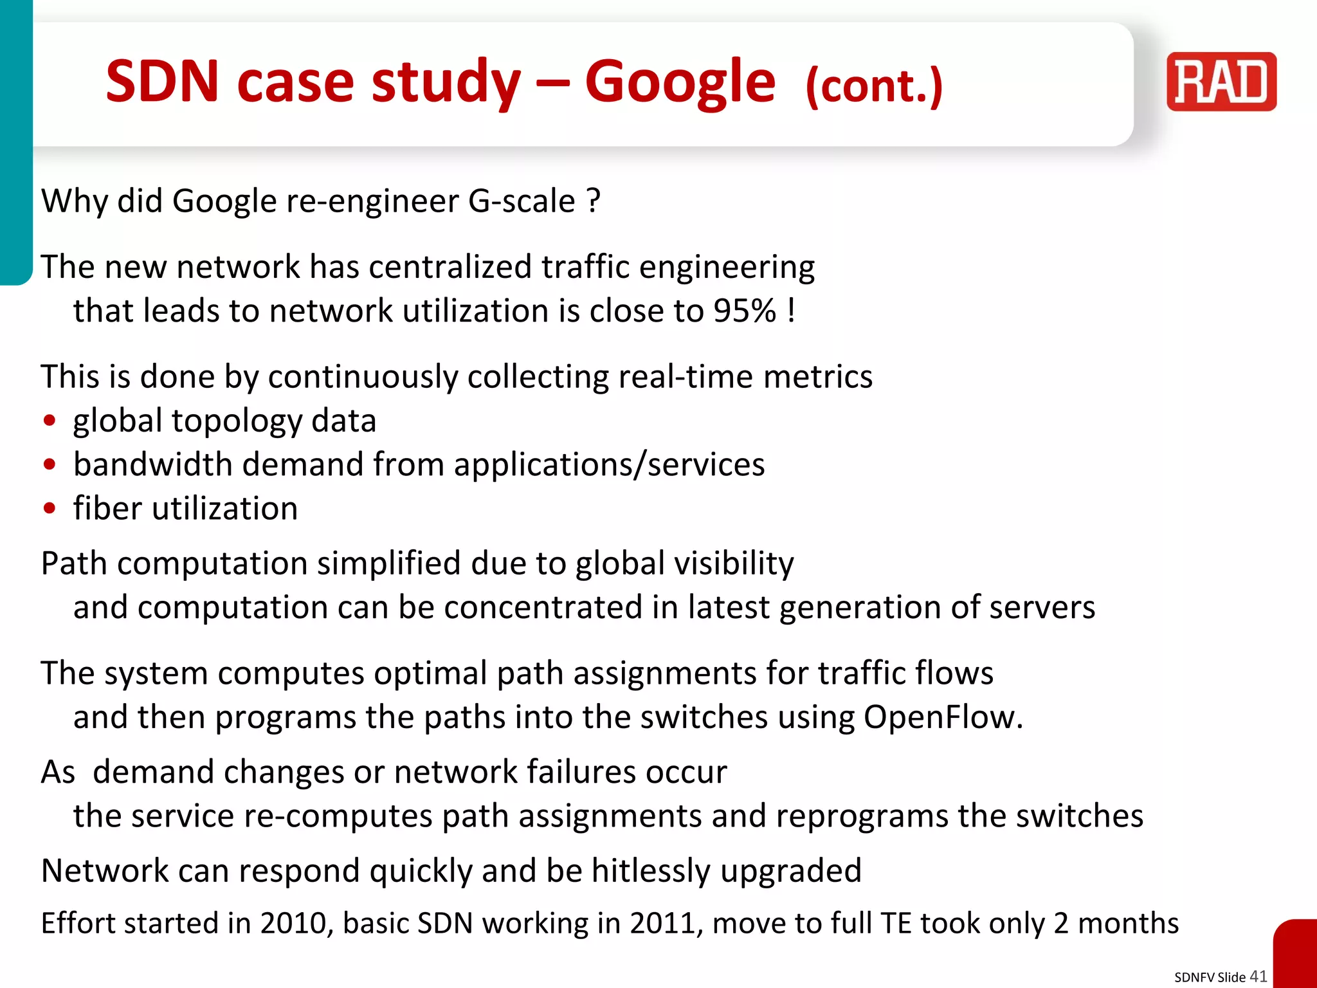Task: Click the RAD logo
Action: [x=1221, y=82]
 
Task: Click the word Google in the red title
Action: [x=680, y=82]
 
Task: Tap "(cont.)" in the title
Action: [x=874, y=87]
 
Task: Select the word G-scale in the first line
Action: [x=522, y=201]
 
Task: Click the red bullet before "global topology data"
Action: [x=50, y=421]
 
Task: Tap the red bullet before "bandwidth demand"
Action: [x=50, y=465]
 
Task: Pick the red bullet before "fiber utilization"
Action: [x=50, y=509]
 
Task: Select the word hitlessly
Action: [x=651, y=871]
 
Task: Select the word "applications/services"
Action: [x=610, y=465]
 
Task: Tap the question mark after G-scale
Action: [x=594, y=201]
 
